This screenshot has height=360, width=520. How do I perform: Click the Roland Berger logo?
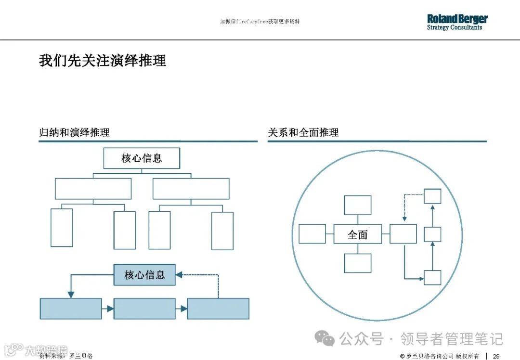pyautogui.click(x=457, y=19)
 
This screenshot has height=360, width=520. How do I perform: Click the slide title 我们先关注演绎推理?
pyautogui.click(x=103, y=61)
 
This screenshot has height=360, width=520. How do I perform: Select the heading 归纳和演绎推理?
pyautogui.click(x=74, y=132)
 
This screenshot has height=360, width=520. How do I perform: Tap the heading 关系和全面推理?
pyautogui.click(x=303, y=132)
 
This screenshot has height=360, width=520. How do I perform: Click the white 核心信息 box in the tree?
pyautogui.click(x=142, y=158)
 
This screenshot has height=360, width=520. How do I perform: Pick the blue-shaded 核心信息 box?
pyautogui.click(x=144, y=275)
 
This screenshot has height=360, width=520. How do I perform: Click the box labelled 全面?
pyautogui.click(x=357, y=234)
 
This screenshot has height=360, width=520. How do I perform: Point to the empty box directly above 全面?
pyautogui.click(x=357, y=205)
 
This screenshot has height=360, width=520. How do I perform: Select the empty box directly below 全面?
pyautogui.click(x=357, y=263)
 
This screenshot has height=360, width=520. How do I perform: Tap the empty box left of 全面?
pyautogui.click(x=312, y=234)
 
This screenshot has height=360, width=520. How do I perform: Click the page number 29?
pyautogui.click(x=496, y=356)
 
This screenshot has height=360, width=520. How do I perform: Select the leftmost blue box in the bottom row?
pyautogui.click(x=71, y=309)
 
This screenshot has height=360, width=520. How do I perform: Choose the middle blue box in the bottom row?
pyautogui.click(x=144, y=309)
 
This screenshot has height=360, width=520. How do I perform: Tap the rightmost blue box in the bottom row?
pyautogui.click(x=218, y=309)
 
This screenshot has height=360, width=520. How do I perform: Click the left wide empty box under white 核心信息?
pyautogui.click(x=93, y=189)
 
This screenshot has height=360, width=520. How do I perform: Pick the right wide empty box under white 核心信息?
pyautogui.click(x=191, y=189)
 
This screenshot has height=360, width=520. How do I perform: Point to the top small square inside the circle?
pyautogui.click(x=432, y=196)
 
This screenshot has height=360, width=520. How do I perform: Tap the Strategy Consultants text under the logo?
pyautogui.click(x=454, y=28)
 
